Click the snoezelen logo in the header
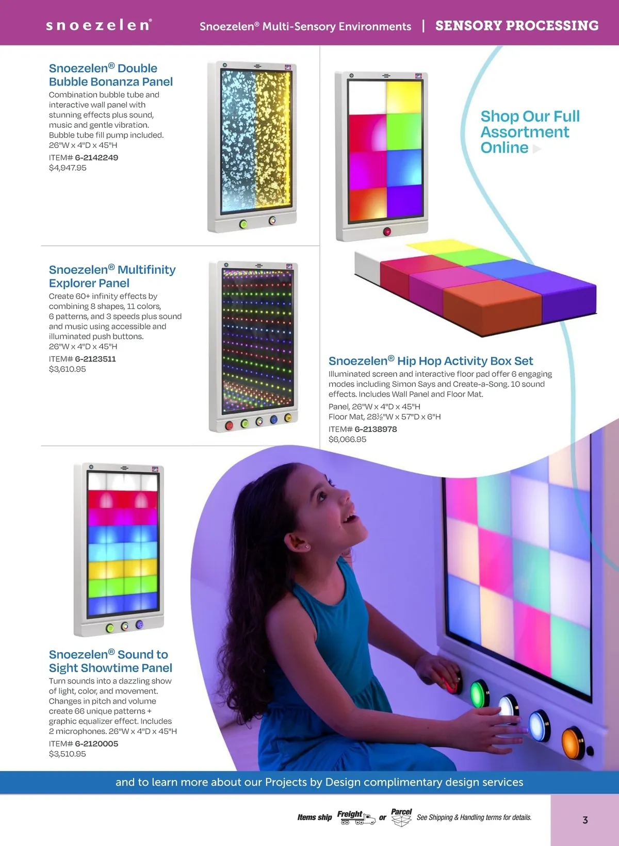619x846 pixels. pyautogui.click(x=99, y=25)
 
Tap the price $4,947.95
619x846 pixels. pyautogui.click(x=68, y=168)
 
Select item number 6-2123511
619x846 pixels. pyautogui.click(x=95, y=359)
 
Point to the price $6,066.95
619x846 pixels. pyautogui.click(x=347, y=439)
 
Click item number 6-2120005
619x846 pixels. pyautogui.click(x=96, y=743)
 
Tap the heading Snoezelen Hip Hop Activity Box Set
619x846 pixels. pyautogui.click(x=431, y=361)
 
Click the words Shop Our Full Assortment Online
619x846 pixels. pyautogui.click(x=530, y=132)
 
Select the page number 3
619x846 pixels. pyautogui.click(x=585, y=820)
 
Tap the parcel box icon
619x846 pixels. pyautogui.click(x=401, y=820)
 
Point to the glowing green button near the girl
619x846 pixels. pyautogui.click(x=479, y=693)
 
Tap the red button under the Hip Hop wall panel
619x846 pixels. pyautogui.click(x=386, y=231)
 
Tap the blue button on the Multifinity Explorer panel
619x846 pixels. pyautogui.click(x=273, y=419)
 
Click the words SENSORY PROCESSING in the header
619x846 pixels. pyautogui.click(x=517, y=26)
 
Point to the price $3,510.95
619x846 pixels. pyautogui.click(x=67, y=754)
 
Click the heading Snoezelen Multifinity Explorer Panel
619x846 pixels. pyautogui.click(x=112, y=276)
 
